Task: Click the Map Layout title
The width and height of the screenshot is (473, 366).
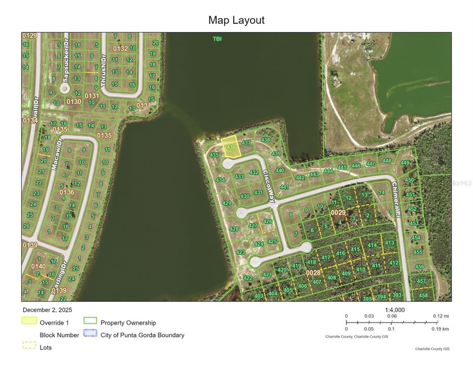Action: click(x=236, y=20)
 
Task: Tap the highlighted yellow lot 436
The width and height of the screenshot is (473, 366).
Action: click(x=230, y=146)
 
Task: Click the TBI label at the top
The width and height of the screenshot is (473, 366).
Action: click(x=217, y=38)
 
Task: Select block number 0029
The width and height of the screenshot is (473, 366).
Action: click(x=338, y=213)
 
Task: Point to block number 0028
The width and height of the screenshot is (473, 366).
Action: click(x=313, y=272)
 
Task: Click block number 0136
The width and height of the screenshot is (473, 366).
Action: click(x=66, y=192)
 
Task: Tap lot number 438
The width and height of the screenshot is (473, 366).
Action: click(x=266, y=140)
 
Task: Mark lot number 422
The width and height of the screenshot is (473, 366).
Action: click(x=248, y=278)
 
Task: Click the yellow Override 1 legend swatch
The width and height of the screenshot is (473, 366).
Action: click(x=29, y=321)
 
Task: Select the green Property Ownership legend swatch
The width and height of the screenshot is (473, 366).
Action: click(x=90, y=321)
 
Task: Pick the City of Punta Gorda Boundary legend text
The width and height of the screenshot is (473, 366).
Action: click(x=142, y=335)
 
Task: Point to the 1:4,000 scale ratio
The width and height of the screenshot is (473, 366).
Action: click(x=395, y=310)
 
